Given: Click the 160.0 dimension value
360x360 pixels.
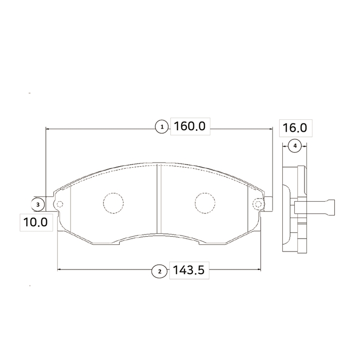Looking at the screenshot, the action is pyautogui.click(x=190, y=127).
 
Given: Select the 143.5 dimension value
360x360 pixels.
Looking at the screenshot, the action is pyautogui.click(x=188, y=270).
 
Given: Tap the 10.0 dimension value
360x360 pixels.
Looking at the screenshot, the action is pyautogui.click(x=35, y=222).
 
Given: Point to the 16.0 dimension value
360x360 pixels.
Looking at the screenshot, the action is pyautogui.click(x=295, y=128).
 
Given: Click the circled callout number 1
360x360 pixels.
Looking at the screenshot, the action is pyautogui.click(x=162, y=127).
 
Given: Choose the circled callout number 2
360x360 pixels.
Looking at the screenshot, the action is pyautogui.click(x=159, y=272).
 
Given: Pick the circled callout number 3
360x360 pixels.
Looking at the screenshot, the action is pyautogui.click(x=38, y=204).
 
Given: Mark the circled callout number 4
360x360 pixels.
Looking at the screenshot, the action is pyautogui.click(x=295, y=146).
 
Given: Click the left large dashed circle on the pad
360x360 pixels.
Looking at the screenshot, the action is pyautogui.click(x=114, y=203).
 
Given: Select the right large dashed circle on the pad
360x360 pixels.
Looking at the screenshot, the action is pyautogui.click(x=205, y=203).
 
